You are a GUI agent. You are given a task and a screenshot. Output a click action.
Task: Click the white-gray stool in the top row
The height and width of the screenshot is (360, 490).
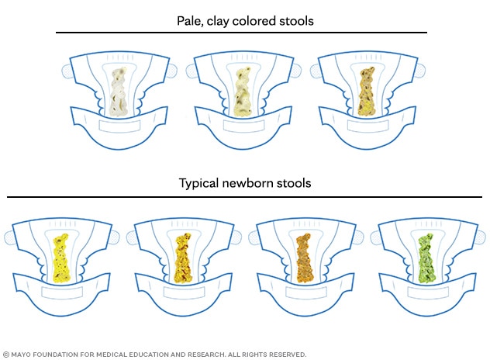tap(119, 92)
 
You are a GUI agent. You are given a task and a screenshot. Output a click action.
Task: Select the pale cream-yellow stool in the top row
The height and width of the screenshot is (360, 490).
tap(243, 92)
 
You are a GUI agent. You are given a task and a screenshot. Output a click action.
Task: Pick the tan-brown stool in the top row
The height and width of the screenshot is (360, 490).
tap(367, 92)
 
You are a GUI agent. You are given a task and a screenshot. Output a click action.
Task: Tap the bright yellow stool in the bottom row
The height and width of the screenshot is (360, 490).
tap(61, 258)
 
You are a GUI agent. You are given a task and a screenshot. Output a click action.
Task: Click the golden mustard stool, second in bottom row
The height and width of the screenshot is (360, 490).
tap(183, 258)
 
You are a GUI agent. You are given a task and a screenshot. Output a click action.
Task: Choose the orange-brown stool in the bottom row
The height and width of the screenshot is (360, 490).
tap(305, 258)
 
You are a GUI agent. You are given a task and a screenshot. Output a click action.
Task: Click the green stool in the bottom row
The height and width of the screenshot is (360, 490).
tap(427, 258)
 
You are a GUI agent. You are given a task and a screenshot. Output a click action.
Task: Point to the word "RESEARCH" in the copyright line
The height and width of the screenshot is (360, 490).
tap(206, 355)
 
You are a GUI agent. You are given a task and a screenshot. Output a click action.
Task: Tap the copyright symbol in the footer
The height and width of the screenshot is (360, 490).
tap(6, 355)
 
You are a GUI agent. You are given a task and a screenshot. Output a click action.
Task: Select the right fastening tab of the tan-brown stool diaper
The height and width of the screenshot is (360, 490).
tap(421, 71)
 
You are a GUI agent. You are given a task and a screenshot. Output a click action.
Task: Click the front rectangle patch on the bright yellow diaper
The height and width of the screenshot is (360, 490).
tap(62, 292)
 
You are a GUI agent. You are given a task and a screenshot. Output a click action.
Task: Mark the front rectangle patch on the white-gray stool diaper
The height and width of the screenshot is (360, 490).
tap(119, 126)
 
